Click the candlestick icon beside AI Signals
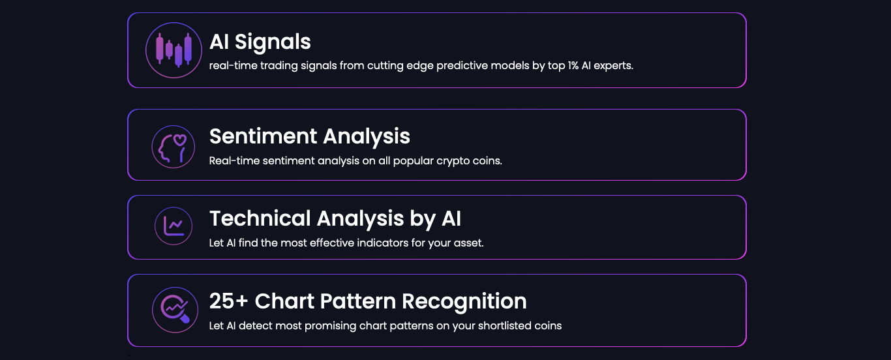pyautogui.click(x=174, y=50)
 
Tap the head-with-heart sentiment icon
pyautogui.click(x=173, y=147)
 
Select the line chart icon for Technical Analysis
pyautogui.click(x=174, y=226)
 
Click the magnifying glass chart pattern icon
pyautogui.click(x=175, y=310)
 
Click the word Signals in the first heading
pyautogui.click(x=273, y=42)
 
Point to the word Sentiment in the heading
pyautogui.click(x=263, y=136)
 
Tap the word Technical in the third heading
pyautogui.click(x=260, y=218)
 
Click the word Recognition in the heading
pyautogui.click(x=464, y=302)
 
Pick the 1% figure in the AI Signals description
pyautogui.click(x=573, y=65)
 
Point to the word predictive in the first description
pyautogui.click(x=462, y=66)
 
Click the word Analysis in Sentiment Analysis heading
pyautogui.click(x=367, y=137)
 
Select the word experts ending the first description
pyautogui.click(x=613, y=66)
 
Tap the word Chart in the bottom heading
pyautogui.click(x=284, y=301)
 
